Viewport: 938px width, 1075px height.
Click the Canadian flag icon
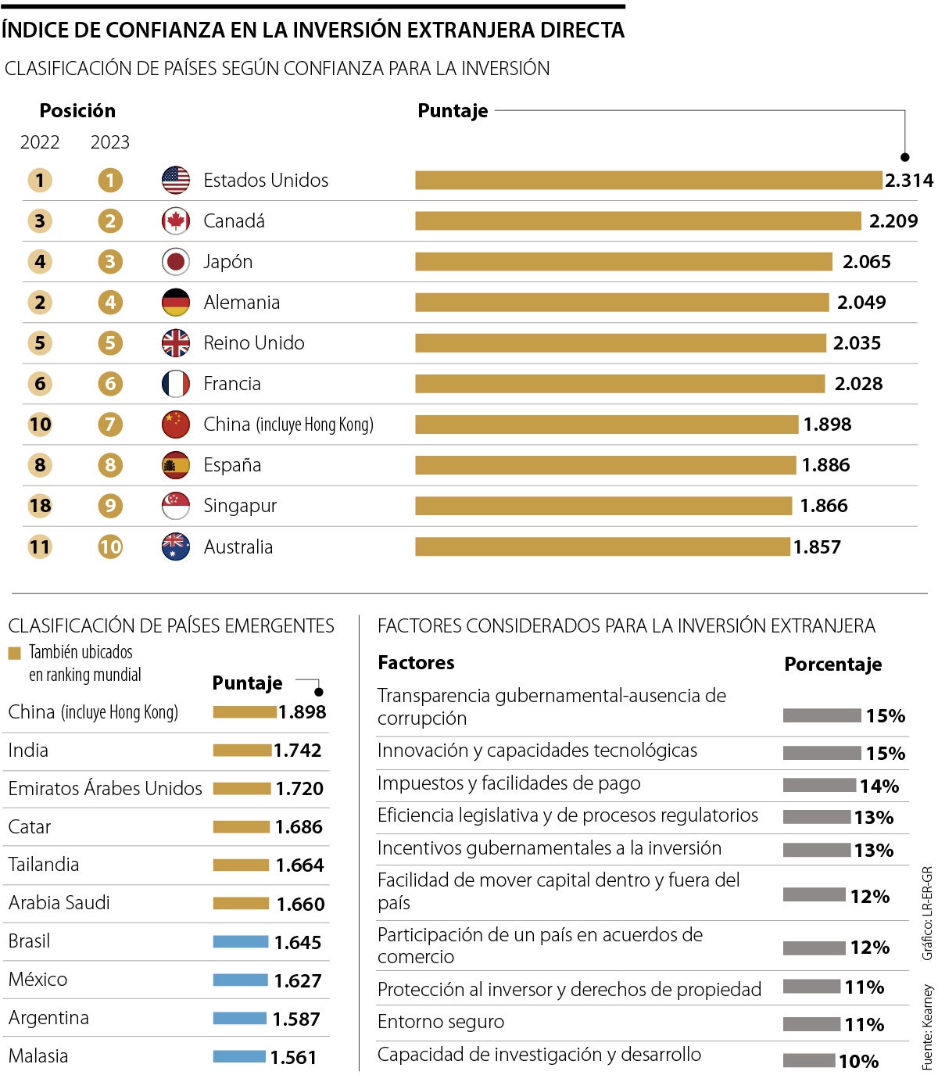pos(176,221)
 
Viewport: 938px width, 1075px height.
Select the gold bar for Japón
pos(623,262)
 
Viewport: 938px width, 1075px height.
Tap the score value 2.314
pos(908,181)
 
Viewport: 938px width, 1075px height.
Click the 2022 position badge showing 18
pos(40,506)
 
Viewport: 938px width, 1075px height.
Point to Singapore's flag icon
pos(176,506)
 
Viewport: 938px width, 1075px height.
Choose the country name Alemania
pos(242,303)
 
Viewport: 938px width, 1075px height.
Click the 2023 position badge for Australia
pos(110,546)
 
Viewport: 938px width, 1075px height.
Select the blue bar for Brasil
pos(240,942)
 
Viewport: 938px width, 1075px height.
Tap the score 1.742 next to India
pos(297,751)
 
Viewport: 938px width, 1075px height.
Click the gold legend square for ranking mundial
pos(14,653)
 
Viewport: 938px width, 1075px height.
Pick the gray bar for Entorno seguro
pos(811,1024)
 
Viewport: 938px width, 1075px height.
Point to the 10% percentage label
pos(858,1061)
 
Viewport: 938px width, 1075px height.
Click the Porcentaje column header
pos(832,665)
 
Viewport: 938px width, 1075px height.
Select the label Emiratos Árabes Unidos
pos(105,789)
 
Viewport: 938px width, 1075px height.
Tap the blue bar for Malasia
pos(239,1057)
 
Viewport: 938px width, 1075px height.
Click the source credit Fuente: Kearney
pos(927,1026)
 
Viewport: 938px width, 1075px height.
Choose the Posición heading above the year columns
pos(77,111)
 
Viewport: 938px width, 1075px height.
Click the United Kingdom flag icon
pos(176,343)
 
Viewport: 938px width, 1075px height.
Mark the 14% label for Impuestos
pos(879,786)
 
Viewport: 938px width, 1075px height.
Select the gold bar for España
pos(605,465)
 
